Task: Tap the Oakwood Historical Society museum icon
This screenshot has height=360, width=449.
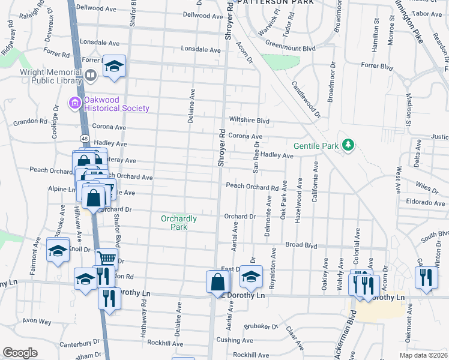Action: pos(75,104)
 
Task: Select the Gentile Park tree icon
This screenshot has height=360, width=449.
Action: pos(347,145)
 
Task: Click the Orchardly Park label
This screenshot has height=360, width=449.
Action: pos(179,223)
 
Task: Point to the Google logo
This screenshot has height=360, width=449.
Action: pos(20,353)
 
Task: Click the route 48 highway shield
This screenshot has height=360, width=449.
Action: pos(84,139)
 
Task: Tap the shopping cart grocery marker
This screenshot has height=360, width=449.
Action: pos(106,259)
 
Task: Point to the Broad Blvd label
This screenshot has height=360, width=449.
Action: pos(301,245)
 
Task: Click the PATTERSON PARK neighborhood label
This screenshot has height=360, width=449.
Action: pos(275,2)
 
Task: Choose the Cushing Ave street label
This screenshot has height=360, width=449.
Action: pos(229,340)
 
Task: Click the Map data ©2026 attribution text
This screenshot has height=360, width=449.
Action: pos(422,355)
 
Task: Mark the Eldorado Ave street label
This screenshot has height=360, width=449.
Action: pos(425,202)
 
